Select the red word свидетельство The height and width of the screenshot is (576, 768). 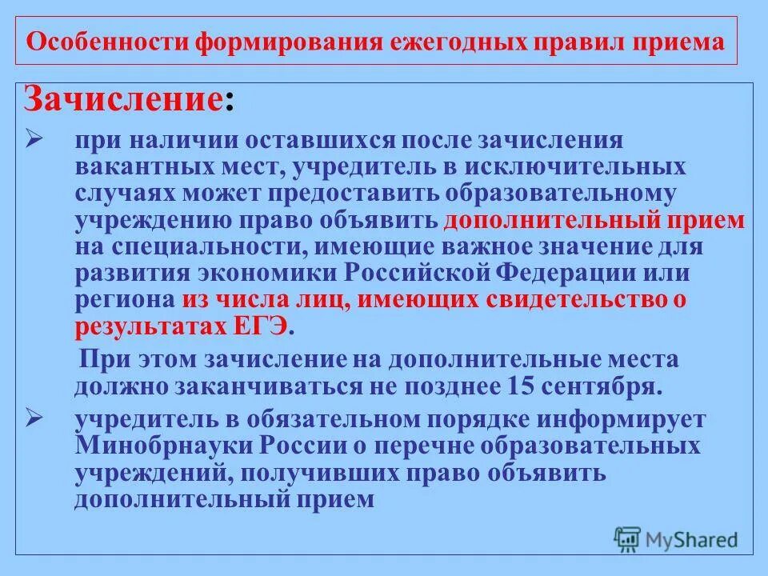(584, 299)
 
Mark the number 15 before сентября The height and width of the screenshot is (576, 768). (522, 386)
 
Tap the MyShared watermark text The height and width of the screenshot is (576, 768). (693, 540)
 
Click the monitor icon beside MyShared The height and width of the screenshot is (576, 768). (628, 538)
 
